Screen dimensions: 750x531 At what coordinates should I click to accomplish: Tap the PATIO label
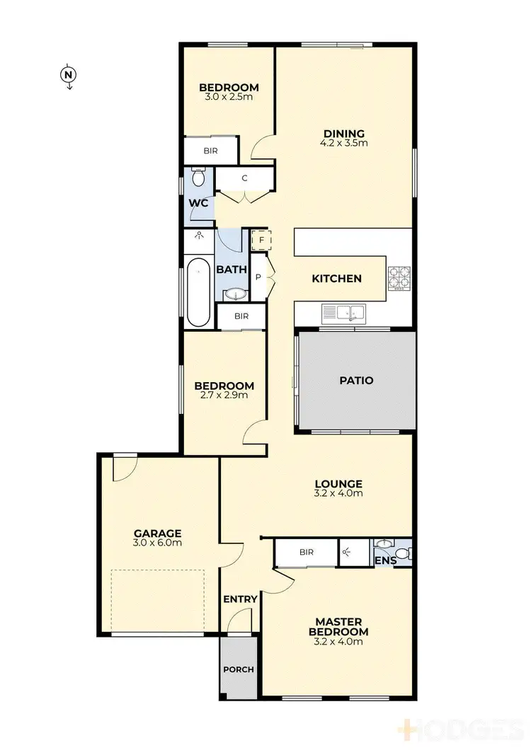tap(355, 380)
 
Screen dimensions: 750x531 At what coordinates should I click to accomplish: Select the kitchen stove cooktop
tap(399, 277)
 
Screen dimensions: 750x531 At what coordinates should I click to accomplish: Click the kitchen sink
tap(342, 312)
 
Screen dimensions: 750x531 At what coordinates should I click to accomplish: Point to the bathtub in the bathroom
tap(198, 292)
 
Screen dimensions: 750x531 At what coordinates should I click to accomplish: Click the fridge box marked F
tap(261, 241)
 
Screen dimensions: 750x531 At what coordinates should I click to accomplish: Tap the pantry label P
tap(258, 277)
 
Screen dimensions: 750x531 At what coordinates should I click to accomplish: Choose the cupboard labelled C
tap(244, 178)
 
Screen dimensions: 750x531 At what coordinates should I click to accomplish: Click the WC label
tap(199, 203)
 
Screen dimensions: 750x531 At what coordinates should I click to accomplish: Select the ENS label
tap(384, 561)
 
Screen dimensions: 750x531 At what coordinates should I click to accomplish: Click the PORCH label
tap(238, 669)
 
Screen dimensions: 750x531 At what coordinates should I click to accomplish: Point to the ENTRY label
tap(240, 599)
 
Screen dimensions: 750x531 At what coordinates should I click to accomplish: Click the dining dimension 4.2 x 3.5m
tap(343, 143)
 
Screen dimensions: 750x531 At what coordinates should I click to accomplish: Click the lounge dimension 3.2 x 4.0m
tap(338, 493)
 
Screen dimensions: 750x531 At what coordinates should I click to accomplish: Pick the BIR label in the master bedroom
tap(306, 552)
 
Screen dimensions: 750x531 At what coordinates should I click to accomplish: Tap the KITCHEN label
tap(337, 279)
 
